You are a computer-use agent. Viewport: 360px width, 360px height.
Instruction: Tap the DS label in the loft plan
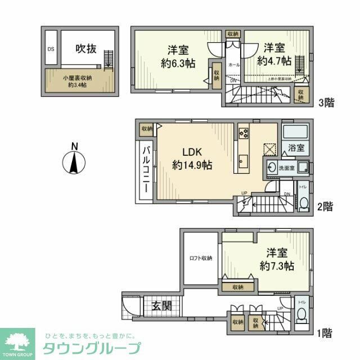51,49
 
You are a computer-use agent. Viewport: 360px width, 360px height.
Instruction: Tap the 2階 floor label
325,206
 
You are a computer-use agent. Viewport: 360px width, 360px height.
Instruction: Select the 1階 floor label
325,334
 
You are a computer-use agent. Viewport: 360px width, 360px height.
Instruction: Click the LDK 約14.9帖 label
192,159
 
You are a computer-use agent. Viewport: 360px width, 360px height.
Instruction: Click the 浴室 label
296,148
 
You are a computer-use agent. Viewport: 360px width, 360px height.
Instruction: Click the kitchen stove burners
244,134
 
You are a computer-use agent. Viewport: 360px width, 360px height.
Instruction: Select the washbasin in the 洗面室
272,168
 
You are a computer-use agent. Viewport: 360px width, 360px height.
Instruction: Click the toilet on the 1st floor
301,314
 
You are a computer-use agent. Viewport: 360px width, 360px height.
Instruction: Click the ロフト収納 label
201,258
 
